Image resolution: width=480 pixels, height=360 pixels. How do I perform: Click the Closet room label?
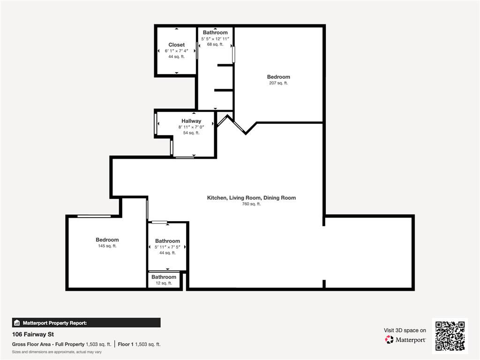pyautogui.click(x=177, y=45)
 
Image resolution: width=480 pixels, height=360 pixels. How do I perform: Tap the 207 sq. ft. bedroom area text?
pyautogui.click(x=278, y=83)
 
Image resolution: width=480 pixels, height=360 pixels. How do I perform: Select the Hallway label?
pyautogui.click(x=191, y=121)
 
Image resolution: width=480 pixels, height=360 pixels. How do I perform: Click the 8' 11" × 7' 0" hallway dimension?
pyautogui.click(x=191, y=127)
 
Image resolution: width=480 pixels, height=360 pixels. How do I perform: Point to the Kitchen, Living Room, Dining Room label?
pyautogui.click(x=251, y=198)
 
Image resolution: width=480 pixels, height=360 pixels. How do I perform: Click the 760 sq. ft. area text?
pyautogui.click(x=251, y=204)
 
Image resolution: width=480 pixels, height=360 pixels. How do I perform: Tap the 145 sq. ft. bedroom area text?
pyautogui.click(x=107, y=246)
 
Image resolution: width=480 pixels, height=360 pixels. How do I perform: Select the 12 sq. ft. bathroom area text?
pyautogui.click(x=164, y=283)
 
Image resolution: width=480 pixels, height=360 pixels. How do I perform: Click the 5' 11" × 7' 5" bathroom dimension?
pyautogui.click(x=167, y=247)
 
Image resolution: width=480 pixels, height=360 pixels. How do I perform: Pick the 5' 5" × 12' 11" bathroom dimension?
pyautogui.click(x=215, y=38)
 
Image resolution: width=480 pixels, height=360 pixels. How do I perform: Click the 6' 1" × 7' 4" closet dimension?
pyautogui.click(x=176, y=51)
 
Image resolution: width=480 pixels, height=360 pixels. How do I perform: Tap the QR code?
pyautogui.click(x=450, y=336)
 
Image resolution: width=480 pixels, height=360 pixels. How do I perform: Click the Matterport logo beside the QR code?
pyautogui.click(x=405, y=339)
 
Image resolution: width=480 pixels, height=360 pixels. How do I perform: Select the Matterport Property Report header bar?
pyautogui.click(x=86, y=322)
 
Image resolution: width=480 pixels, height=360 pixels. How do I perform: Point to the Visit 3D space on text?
pyautogui.click(x=405, y=330)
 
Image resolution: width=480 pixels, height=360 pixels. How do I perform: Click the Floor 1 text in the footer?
pyautogui.click(x=126, y=344)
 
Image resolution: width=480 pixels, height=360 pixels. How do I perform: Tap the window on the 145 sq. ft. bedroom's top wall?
pyautogui.click(x=94, y=216)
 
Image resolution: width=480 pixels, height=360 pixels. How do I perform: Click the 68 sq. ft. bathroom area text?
pyautogui.click(x=215, y=44)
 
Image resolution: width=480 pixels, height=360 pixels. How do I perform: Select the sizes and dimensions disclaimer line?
pyautogui.click(x=57, y=352)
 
